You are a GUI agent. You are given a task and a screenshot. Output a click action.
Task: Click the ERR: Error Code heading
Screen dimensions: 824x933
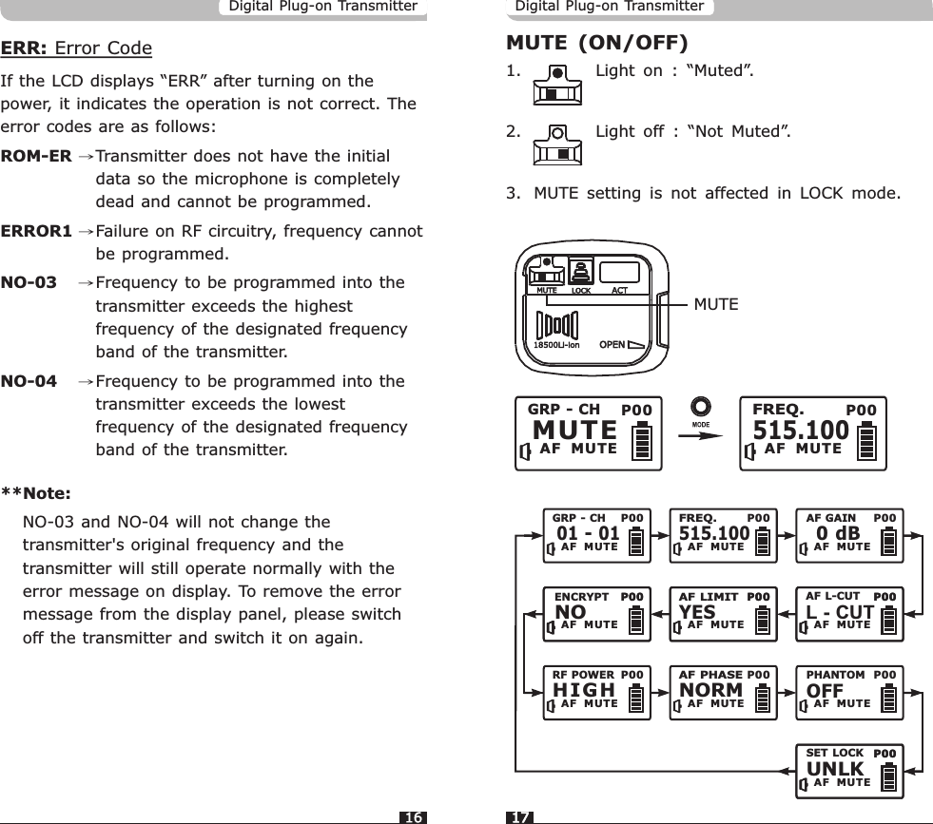tap(76, 48)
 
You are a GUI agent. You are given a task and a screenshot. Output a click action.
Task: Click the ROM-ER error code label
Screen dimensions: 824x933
tap(36, 155)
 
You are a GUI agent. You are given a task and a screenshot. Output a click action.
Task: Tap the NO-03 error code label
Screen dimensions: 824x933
tap(29, 283)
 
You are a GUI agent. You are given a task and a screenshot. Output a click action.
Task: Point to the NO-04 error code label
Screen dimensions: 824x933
tap(29, 382)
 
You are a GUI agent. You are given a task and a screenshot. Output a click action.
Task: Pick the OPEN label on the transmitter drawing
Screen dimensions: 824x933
tap(612, 343)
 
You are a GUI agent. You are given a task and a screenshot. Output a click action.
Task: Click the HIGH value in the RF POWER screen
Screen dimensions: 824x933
tap(584, 689)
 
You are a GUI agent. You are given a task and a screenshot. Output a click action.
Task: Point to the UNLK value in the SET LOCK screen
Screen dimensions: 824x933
tap(835, 768)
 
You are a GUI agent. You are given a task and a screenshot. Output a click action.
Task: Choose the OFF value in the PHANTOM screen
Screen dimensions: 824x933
tap(826, 689)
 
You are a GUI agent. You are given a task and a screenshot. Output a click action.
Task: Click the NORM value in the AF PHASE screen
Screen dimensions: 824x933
tap(711, 689)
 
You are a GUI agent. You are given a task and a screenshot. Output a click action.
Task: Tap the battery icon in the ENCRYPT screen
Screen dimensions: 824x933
tap(635, 619)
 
